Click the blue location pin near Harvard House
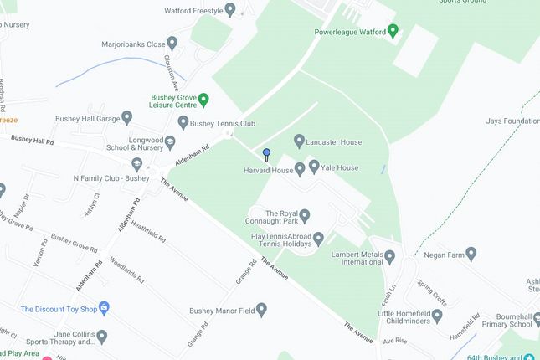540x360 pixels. (266, 154)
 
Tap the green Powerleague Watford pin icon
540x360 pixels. (392, 33)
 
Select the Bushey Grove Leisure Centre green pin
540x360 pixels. (203, 100)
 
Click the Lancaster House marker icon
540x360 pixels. (299, 140)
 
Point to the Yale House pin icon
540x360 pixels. (314, 167)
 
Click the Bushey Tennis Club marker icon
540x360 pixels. (183, 123)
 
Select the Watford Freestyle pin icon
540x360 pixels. (230, 10)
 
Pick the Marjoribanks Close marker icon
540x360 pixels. (172, 43)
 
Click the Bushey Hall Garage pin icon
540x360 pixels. (127, 117)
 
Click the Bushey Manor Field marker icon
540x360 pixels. (260, 311)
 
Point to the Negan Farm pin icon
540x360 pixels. (471, 253)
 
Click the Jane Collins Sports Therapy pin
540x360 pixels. (102, 337)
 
